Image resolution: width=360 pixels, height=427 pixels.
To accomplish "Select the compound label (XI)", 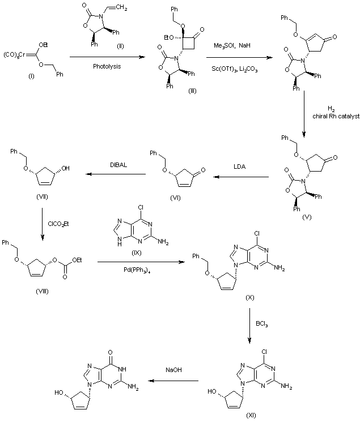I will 251,415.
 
